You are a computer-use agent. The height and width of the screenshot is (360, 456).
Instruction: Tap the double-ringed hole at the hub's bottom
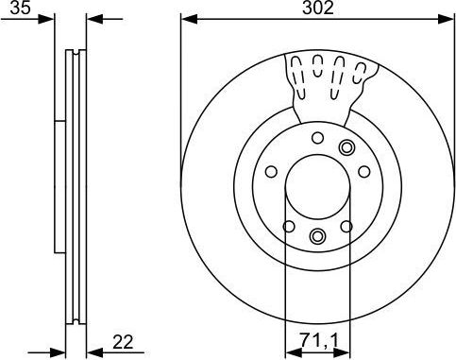coord(317,235)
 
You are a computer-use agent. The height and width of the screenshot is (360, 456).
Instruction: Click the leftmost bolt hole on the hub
coord(270,172)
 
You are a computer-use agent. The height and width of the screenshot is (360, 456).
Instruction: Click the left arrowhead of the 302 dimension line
coord(187,19)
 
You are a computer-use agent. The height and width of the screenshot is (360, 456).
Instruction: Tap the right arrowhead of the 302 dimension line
coord(448,19)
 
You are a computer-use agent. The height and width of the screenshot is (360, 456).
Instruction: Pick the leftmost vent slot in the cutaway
coord(296,69)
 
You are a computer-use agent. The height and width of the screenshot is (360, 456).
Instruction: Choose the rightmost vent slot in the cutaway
coord(361,69)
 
